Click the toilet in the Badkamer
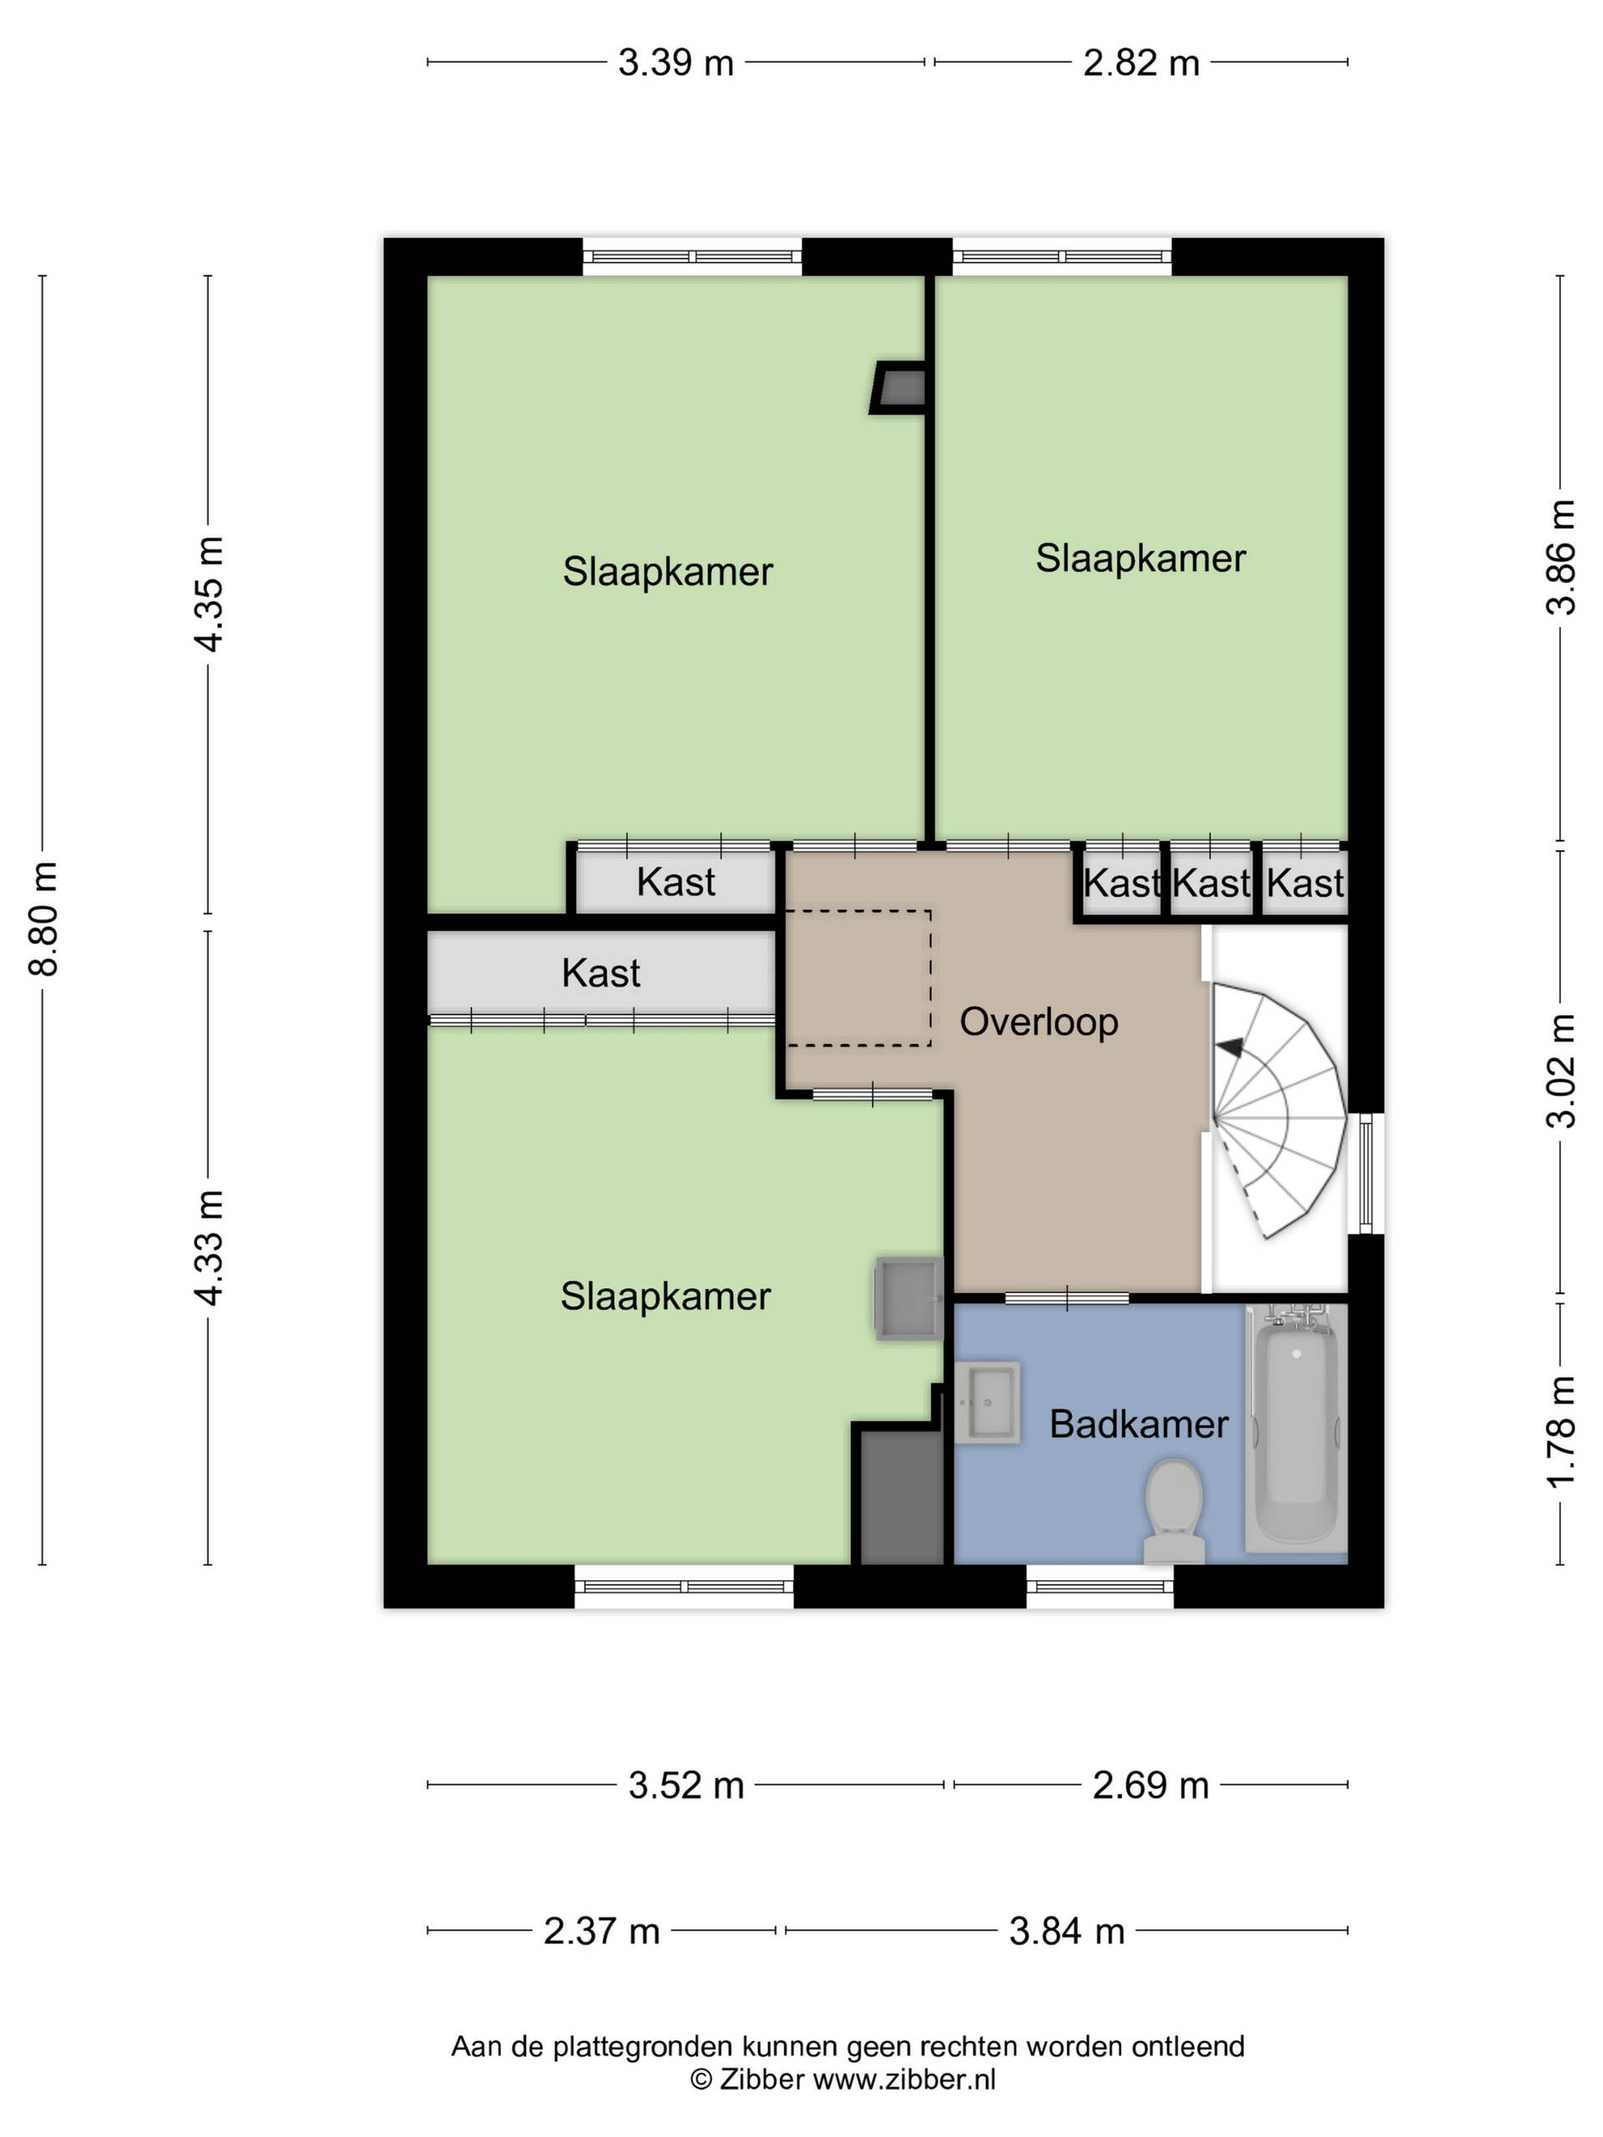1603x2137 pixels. tap(1172, 1510)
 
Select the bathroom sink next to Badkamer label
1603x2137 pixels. tap(987, 1402)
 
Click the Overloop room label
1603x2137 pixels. tap(1039, 1021)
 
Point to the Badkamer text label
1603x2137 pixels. tap(1138, 1424)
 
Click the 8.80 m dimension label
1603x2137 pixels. tap(44, 919)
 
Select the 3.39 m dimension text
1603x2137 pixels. tap(675, 63)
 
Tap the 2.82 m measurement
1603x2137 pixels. tap(1141, 63)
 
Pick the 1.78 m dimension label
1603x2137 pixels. tap(1560, 1432)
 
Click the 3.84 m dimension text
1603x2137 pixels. tap(1067, 1931)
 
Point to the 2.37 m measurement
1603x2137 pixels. tap(601, 1931)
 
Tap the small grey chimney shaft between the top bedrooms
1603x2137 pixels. tap(898, 388)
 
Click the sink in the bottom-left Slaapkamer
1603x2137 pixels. tap(908, 1298)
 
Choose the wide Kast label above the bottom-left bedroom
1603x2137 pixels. tap(600, 973)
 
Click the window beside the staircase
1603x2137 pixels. tap(1366, 1173)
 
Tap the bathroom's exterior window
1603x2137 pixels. tap(1100, 1585)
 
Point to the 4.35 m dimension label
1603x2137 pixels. tap(210, 594)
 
